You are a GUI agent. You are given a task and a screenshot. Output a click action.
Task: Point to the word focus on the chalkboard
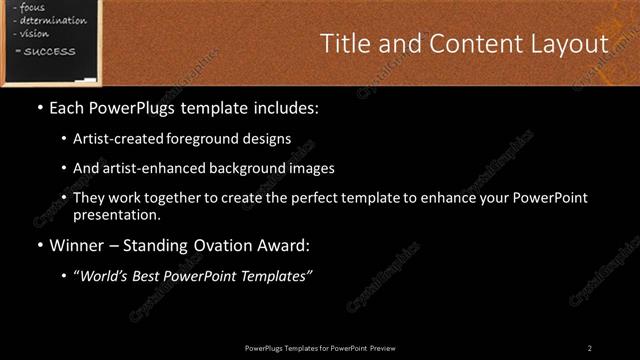point(33,7)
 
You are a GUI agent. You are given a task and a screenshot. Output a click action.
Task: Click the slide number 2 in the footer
point(589,347)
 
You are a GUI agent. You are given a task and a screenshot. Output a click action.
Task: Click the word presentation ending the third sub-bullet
point(115,214)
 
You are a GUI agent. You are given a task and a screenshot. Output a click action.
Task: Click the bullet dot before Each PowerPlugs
point(39,106)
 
